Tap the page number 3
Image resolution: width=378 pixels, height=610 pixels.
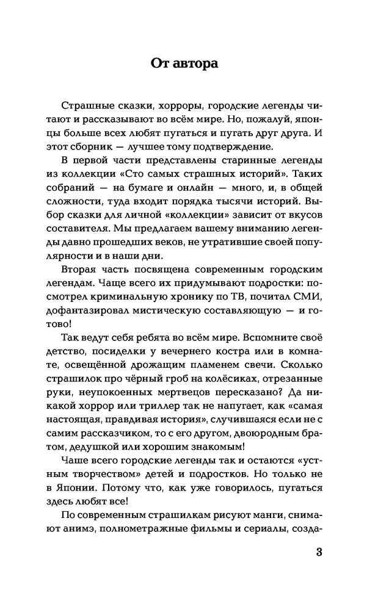click(319, 553)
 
